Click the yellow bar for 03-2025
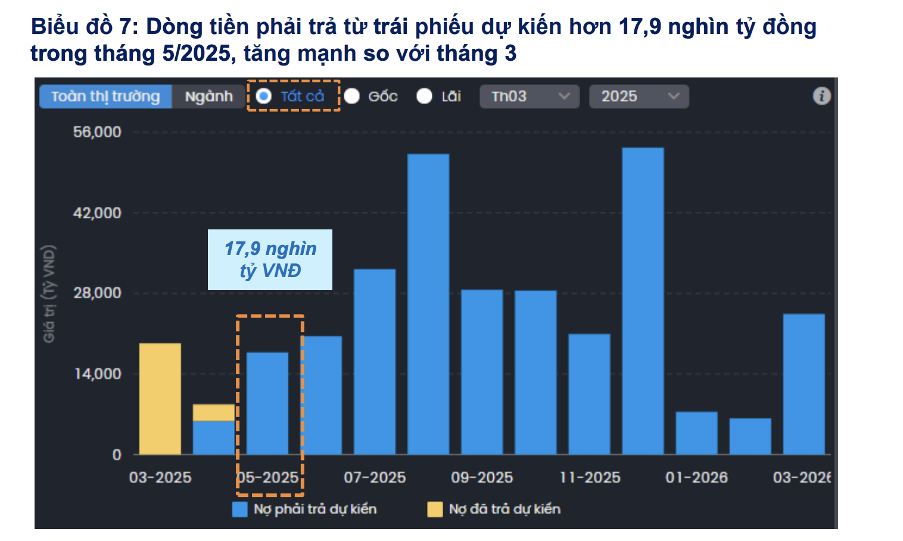click(x=160, y=399)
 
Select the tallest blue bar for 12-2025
click(x=643, y=301)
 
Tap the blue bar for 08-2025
click(x=428, y=304)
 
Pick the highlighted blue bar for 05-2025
click(x=267, y=403)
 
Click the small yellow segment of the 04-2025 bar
click(x=213, y=412)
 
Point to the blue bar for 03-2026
click(x=804, y=384)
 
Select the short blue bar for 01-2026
click(x=696, y=433)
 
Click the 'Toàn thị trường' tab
click(x=105, y=97)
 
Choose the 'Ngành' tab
click(x=208, y=97)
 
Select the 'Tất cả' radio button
click(x=264, y=96)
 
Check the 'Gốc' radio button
click(x=352, y=96)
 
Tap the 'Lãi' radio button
click(x=424, y=96)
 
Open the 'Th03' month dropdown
click(x=529, y=97)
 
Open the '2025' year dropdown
click(x=639, y=97)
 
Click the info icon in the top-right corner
click(x=821, y=96)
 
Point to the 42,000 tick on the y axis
click(x=97, y=213)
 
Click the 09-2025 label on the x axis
click(x=482, y=477)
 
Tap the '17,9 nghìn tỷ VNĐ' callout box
click(x=270, y=260)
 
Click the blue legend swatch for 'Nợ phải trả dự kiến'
click(x=239, y=509)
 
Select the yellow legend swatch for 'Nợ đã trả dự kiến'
click(x=435, y=509)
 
